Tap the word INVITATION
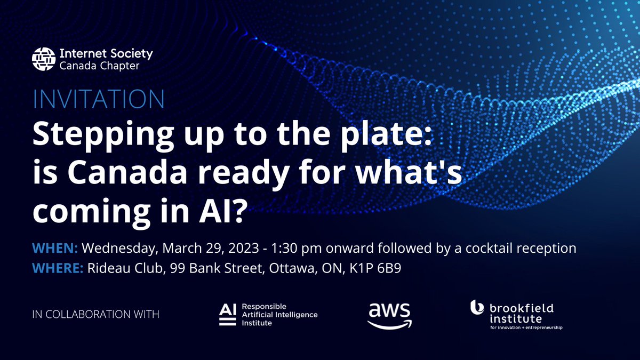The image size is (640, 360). pos(99,100)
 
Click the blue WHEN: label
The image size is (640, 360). pos(55,249)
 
